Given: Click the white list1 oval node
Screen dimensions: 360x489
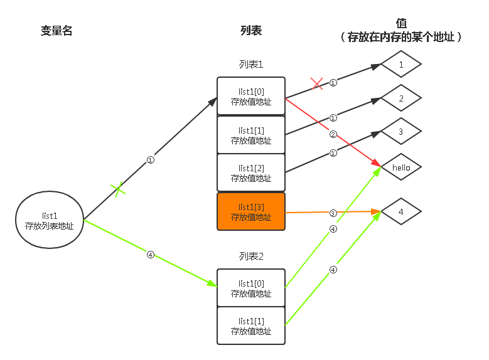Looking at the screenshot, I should coord(50,220).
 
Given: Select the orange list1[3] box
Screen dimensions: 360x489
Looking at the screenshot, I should coord(251,211).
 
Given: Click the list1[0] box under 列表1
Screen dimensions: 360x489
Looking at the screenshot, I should coord(251,96).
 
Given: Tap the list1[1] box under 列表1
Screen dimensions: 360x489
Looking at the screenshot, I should coord(251,135).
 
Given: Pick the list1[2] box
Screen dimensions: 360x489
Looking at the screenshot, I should coord(251,172).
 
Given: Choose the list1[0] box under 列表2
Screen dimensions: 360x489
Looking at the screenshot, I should coord(251,288).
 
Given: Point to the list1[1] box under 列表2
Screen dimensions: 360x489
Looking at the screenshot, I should coord(251,326).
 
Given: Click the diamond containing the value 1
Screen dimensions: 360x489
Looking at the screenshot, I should coord(400,64).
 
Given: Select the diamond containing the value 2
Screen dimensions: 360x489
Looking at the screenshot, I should coord(400,98).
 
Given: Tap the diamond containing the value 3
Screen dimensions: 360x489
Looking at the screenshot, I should coord(400,132).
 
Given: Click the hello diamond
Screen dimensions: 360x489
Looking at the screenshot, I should coord(400,167).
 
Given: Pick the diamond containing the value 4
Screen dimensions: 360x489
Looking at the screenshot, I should coord(400,211).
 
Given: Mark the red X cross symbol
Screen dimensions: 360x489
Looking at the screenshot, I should coord(317,84).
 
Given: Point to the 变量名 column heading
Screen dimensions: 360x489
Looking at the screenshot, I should coord(56,31).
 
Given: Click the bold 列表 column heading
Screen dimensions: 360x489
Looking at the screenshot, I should coord(251,30).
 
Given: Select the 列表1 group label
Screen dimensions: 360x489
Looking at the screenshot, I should coord(251,64).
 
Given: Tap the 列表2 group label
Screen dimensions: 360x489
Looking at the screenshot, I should coord(251,256).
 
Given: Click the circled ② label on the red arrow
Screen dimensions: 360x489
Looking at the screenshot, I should coord(333,133).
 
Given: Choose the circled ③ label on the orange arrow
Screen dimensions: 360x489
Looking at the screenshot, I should coord(333,213).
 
